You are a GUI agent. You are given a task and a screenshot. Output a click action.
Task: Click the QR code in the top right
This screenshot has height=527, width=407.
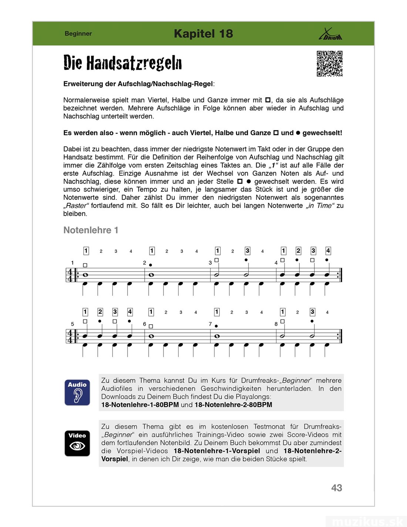(329, 64)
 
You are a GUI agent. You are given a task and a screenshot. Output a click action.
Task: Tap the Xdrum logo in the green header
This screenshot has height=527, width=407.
(330, 34)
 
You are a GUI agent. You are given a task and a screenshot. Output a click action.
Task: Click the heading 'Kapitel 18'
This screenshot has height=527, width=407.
(203, 34)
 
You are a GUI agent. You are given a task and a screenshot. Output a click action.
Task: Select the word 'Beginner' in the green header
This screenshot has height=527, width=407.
(78, 34)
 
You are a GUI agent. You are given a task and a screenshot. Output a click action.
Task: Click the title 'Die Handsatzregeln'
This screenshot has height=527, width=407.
(122, 63)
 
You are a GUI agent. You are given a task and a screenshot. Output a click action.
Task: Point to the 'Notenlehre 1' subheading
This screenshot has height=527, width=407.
(91, 230)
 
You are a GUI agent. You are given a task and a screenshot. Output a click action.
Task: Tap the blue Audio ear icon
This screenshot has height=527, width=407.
(77, 392)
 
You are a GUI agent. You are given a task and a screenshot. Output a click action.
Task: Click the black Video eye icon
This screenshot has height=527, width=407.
(77, 443)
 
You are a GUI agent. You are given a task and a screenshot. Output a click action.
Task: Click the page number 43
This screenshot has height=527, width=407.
(337, 488)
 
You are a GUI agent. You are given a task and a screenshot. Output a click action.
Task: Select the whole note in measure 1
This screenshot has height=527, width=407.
(85, 275)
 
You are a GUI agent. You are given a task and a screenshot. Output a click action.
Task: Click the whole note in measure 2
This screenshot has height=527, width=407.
(151, 275)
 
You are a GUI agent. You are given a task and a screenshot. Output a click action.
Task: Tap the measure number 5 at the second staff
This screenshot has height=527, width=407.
(73, 324)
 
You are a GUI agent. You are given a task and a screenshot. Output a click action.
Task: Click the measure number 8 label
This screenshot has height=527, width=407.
(276, 324)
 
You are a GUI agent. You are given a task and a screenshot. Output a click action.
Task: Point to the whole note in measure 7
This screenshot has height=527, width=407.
(217, 336)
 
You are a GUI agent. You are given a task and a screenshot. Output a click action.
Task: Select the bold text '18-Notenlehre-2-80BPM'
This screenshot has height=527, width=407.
(233, 405)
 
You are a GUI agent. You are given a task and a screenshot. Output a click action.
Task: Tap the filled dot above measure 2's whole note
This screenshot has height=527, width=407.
(151, 265)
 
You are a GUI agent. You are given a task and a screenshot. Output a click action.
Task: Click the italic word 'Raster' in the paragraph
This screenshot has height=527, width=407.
(76, 206)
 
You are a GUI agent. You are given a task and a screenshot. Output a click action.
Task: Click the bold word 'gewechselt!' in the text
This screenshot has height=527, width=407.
(322, 133)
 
